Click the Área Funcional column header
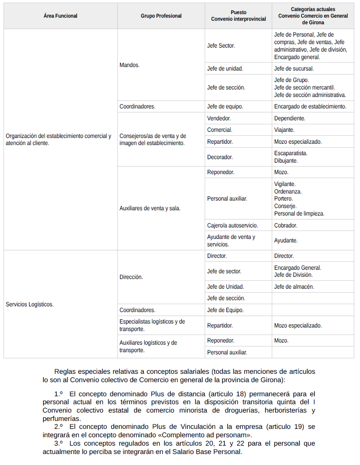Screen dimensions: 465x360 point(60,16)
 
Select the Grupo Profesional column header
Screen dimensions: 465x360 point(161,16)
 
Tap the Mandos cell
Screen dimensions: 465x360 point(130,65)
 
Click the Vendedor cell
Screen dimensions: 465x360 point(219,118)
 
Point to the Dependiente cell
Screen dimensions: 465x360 point(289,118)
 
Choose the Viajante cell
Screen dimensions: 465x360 point(284,130)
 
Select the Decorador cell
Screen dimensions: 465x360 point(220,157)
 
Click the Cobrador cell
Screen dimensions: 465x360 point(285,225)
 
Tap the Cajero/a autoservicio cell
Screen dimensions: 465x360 point(232,225)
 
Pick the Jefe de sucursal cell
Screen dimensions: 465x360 point(294,68)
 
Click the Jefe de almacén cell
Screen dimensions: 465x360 point(294,286)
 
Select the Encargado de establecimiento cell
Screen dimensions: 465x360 point(310,106)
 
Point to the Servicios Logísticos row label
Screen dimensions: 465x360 point(30,304)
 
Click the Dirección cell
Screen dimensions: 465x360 point(131,277)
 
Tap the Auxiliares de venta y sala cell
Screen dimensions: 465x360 point(150,208)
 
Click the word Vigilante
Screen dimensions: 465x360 point(285,184)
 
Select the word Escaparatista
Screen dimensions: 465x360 point(291,153)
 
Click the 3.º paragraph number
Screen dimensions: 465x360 point(59,443)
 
